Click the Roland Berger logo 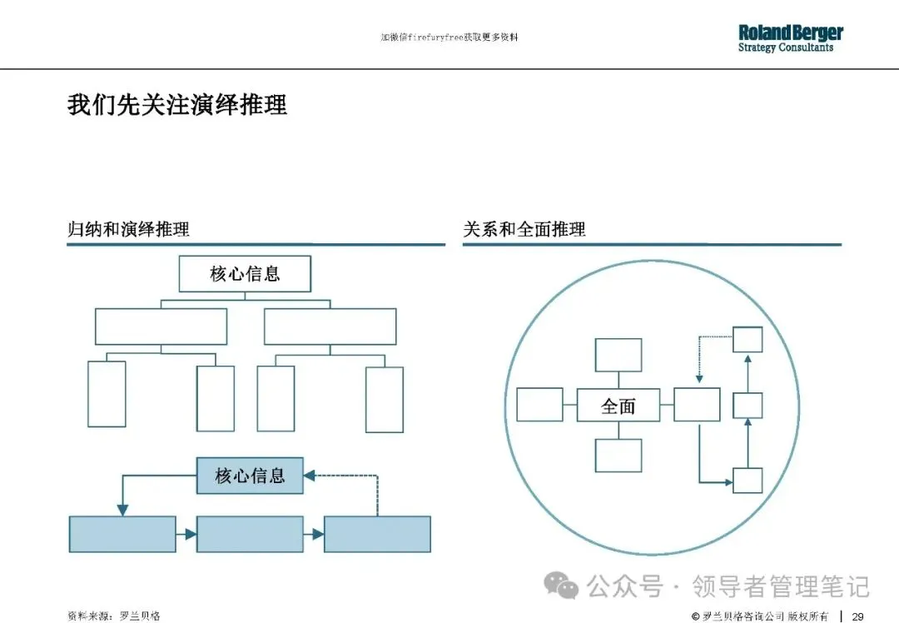790,38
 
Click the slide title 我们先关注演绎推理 177,106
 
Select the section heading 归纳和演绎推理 128,229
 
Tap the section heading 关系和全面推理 524,229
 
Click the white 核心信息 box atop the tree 245,274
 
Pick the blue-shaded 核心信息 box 250,476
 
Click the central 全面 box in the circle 618,406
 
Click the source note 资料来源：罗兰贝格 114,616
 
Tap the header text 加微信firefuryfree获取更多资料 449,38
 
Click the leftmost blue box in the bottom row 122,534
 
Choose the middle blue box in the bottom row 250,534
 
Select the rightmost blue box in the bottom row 377,534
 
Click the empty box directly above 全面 618,355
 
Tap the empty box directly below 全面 618,456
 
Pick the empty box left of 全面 539,405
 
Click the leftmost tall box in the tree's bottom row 107,394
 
